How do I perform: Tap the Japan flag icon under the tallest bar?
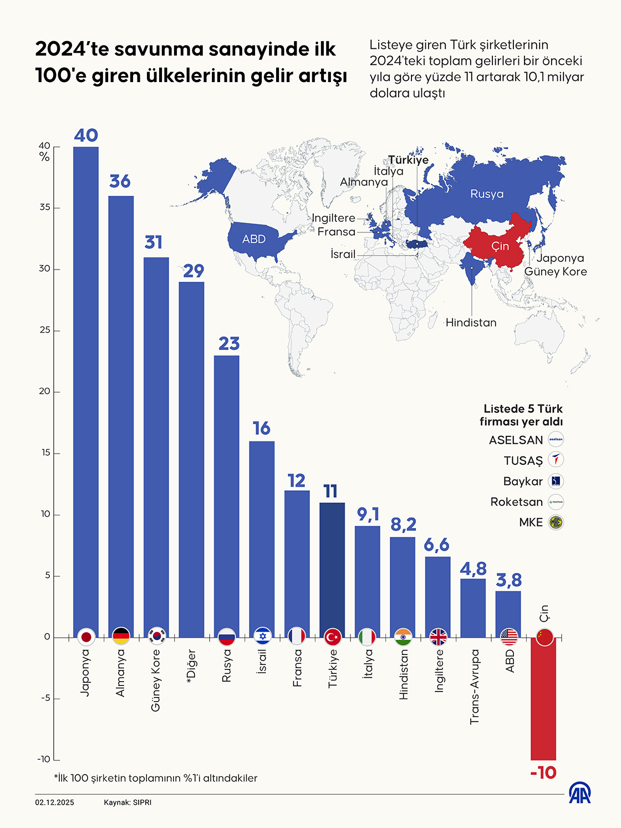pyautogui.click(x=86, y=637)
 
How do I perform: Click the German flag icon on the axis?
pyautogui.click(x=121, y=637)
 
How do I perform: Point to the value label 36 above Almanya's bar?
pyautogui.click(x=120, y=181)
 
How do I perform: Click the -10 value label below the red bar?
pyautogui.click(x=543, y=773)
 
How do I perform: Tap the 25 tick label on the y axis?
pyautogui.click(x=45, y=330)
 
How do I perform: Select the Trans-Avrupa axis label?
pyautogui.click(x=474, y=687)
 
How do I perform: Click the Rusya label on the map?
pyautogui.click(x=487, y=194)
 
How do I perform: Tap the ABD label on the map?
pyautogui.click(x=254, y=239)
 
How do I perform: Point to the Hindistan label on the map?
pyautogui.click(x=471, y=322)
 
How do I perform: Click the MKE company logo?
pyautogui.click(x=556, y=522)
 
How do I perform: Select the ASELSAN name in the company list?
pyautogui.click(x=516, y=440)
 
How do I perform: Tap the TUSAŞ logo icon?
pyautogui.click(x=556, y=460)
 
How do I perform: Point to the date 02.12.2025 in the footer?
pyautogui.click(x=54, y=802)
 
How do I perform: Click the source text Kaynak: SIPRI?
pyautogui.click(x=128, y=802)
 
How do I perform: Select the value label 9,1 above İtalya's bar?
pyautogui.click(x=368, y=514)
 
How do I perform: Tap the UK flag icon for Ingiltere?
pyautogui.click(x=438, y=637)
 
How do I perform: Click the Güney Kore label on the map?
pyautogui.click(x=556, y=271)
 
